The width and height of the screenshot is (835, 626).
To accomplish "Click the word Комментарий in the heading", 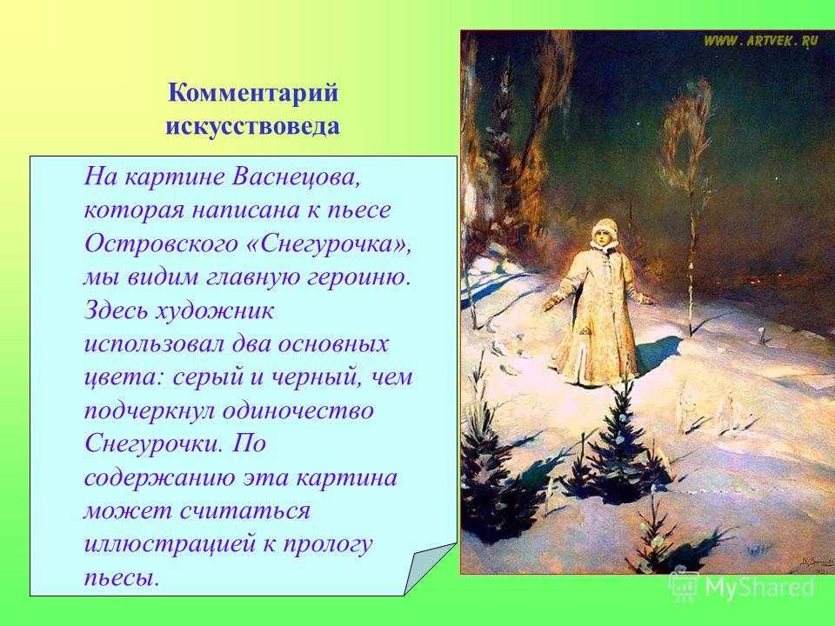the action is (253, 93).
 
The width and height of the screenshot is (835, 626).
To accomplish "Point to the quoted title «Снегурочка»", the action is (330, 245).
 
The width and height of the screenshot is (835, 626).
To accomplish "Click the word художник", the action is (214, 311).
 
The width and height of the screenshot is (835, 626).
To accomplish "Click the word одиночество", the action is (298, 411).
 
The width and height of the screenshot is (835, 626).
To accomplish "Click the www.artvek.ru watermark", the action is (760, 41).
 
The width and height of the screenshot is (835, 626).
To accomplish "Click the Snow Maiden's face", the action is (601, 236).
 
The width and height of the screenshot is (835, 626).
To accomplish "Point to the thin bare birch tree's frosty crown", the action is (686, 133).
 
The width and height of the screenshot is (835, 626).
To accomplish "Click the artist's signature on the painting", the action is (812, 563).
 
